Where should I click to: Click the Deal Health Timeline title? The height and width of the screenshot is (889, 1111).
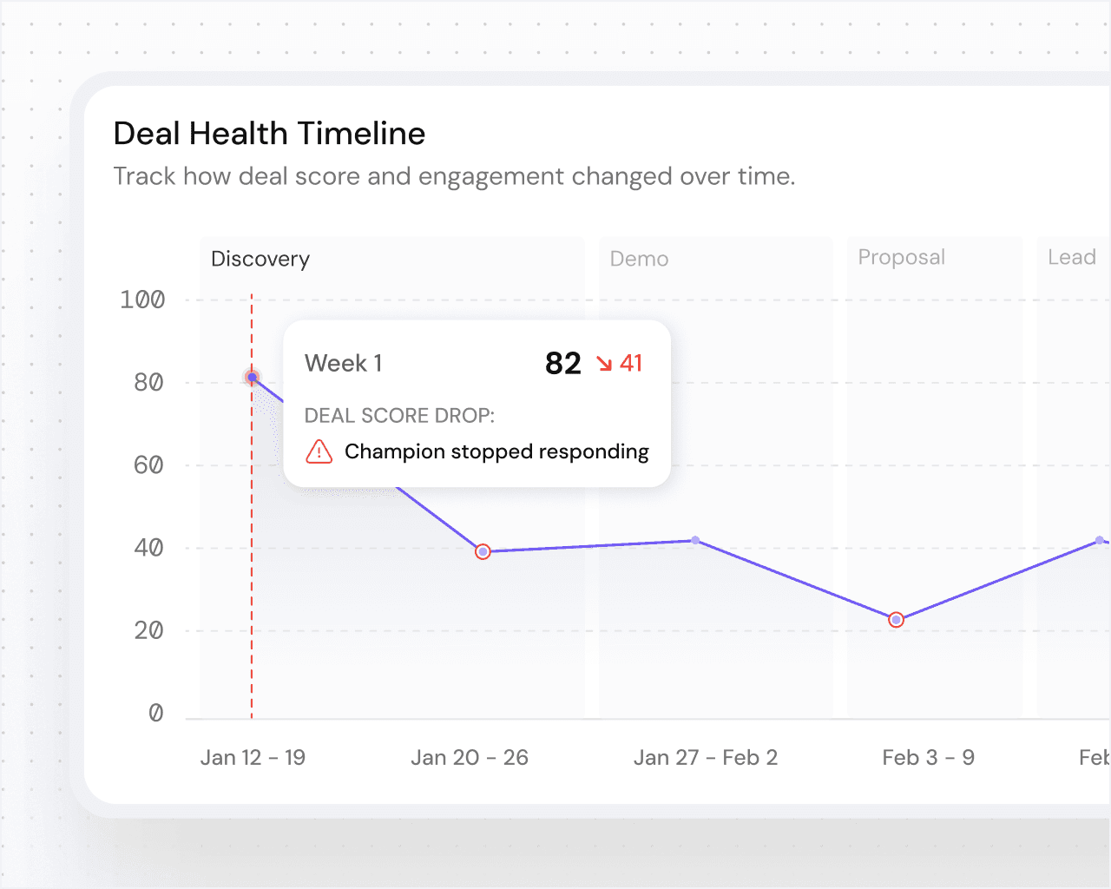point(269,134)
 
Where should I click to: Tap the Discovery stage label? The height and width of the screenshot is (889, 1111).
point(260,259)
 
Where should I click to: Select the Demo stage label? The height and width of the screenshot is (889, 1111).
point(639,259)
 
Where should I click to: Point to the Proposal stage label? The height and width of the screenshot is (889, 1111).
point(901,257)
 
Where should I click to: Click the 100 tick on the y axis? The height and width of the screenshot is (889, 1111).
point(142,300)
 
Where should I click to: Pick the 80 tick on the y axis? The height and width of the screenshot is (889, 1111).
point(148,382)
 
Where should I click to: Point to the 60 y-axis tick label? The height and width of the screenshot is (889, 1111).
point(148,465)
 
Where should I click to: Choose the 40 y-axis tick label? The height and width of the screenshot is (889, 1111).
point(148,548)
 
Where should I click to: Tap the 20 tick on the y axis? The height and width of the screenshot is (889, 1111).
point(148,630)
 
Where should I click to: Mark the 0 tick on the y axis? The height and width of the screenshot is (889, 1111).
point(156,713)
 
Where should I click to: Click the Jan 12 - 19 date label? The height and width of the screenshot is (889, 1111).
point(253,757)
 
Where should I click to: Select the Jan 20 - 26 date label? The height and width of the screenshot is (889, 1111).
point(470,757)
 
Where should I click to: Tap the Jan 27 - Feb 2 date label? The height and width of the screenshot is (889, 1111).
point(706,757)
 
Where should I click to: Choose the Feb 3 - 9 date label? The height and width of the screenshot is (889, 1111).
point(928,757)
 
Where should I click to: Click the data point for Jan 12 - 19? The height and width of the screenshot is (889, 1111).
point(252,377)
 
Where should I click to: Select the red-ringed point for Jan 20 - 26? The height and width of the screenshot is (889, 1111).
point(483,551)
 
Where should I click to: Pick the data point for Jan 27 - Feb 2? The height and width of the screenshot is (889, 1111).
point(696,540)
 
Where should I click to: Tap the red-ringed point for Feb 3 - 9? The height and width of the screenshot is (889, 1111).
point(897,620)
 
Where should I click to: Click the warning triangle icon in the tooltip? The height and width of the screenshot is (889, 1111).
point(319,451)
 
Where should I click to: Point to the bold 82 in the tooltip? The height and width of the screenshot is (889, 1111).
point(563,363)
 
